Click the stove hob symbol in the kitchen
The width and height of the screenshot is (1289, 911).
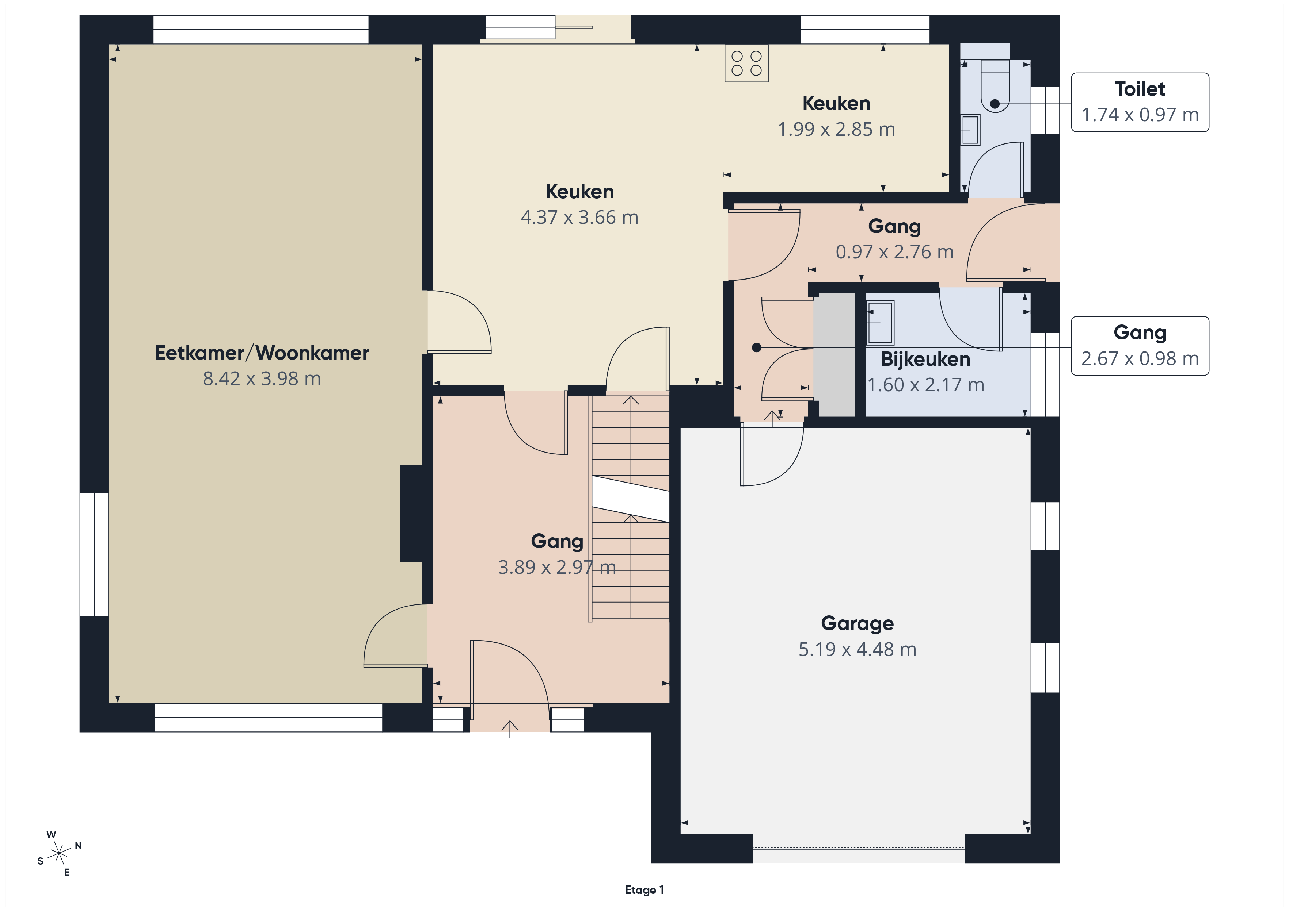[746, 64]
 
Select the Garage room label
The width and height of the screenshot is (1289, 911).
[857, 623]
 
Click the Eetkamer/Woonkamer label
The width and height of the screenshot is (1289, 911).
[262, 353]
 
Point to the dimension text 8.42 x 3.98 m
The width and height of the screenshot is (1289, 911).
[262, 378]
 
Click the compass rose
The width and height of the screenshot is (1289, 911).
[59, 854]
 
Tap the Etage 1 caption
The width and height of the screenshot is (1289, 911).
[644, 890]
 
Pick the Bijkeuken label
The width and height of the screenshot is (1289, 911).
[926, 359]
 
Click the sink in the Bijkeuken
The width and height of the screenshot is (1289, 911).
[880, 323]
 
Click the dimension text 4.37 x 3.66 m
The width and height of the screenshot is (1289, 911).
[579, 217]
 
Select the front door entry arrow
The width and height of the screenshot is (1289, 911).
[510, 729]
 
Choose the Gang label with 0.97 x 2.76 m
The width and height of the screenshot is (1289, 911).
[894, 227]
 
